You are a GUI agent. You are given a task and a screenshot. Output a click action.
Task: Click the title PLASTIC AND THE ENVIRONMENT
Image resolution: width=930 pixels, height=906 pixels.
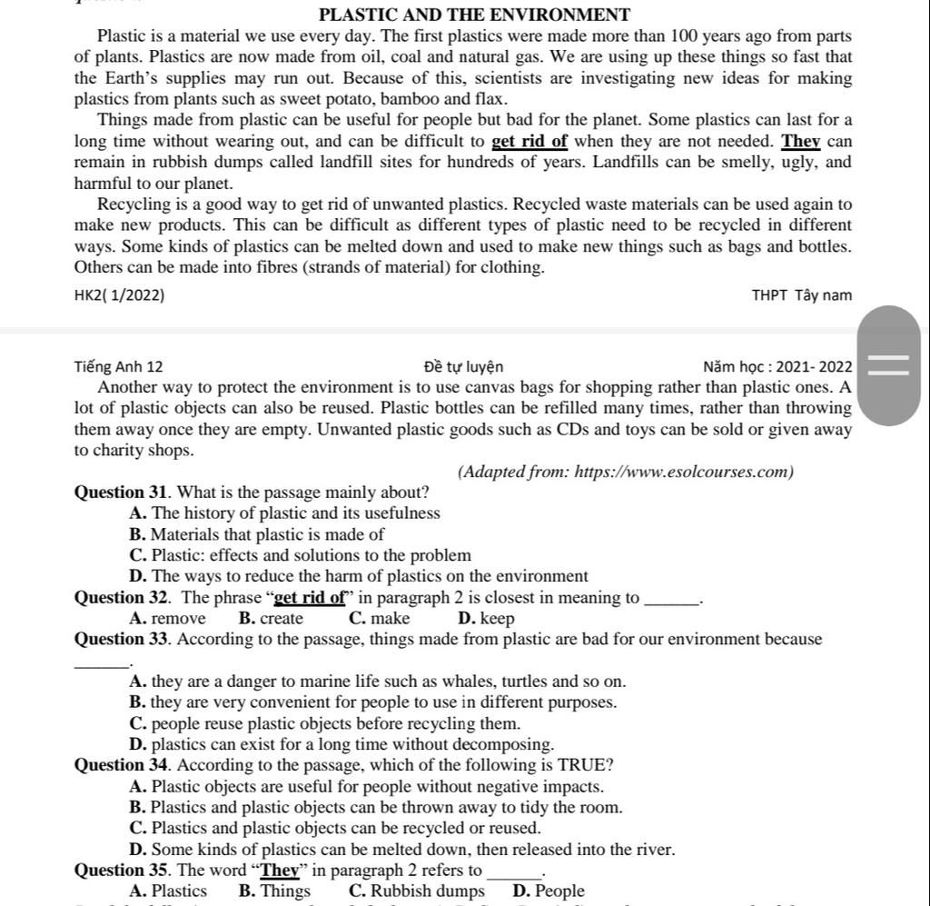click(474, 15)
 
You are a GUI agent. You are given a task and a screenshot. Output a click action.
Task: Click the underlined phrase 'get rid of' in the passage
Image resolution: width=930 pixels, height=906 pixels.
click(529, 141)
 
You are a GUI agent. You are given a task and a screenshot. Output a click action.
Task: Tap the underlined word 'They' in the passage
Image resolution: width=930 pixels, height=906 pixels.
click(801, 141)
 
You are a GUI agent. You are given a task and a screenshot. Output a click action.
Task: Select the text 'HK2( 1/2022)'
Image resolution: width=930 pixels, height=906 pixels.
click(120, 294)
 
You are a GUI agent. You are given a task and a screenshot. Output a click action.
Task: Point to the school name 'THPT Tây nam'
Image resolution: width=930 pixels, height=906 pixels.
click(802, 294)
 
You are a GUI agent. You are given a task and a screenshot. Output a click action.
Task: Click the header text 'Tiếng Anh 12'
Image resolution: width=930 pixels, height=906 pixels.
click(119, 367)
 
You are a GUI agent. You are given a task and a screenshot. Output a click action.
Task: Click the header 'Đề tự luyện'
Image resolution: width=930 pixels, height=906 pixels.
click(463, 367)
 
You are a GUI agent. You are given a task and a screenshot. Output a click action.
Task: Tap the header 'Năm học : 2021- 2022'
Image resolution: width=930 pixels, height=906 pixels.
click(777, 367)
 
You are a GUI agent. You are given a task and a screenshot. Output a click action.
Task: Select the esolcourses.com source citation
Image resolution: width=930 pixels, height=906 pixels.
click(626, 472)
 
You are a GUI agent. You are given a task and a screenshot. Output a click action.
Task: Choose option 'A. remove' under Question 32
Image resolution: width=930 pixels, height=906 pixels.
click(168, 619)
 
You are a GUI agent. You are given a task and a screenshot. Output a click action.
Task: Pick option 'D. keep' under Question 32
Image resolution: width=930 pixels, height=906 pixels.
click(487, 619)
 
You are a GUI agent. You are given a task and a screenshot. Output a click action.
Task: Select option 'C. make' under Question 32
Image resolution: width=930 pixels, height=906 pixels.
click(379, 619)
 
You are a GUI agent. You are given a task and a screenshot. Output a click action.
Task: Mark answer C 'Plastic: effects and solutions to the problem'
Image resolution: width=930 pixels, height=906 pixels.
click(301, 555)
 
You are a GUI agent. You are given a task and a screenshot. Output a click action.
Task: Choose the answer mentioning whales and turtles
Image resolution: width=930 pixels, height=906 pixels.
click(378, 682)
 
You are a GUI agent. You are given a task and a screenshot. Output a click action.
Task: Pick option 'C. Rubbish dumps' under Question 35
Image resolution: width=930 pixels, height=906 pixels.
click(416, 891)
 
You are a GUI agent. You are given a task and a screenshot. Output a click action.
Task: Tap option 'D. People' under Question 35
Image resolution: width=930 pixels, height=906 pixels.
click(549, 891)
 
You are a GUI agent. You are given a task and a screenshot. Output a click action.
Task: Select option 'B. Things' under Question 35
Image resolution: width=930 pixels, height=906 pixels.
click(274, 891)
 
